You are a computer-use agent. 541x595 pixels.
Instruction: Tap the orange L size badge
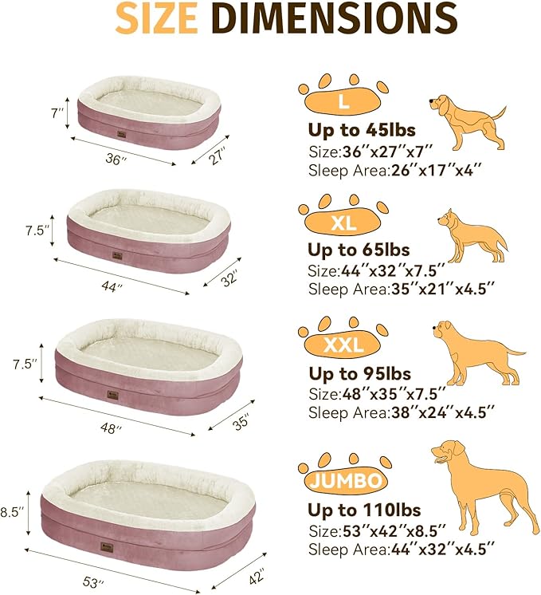point(343,102)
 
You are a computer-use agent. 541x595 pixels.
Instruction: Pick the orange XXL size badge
point(345,345)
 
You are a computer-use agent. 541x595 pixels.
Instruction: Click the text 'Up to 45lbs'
point(362,130)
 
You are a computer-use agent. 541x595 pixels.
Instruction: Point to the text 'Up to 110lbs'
point(366,510)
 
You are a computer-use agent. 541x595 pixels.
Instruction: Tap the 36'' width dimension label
point(116,160)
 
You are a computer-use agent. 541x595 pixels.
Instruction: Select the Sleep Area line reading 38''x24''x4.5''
point(401,412)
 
